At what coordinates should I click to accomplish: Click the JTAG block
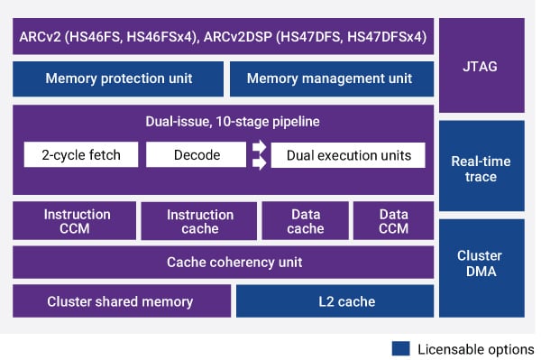click(481, 65)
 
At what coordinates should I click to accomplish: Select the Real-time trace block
click(481, 168)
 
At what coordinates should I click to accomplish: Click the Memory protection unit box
click(118, 78)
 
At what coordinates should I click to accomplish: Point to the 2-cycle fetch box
click(81, 155)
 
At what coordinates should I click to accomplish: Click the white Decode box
click(196, 155)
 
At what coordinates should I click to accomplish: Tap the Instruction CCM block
click(77, 221)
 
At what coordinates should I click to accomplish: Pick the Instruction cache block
click(199, 221)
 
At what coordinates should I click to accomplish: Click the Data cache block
click(306, 221)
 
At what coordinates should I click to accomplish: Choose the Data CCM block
click(393, 221)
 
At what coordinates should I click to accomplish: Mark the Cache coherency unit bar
click(222, 263)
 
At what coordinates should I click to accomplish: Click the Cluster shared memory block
click(120, 301)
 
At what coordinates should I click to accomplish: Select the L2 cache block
click(333, 301)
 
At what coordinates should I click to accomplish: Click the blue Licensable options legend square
click(402, 348)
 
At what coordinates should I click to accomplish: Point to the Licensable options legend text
click(477, 348)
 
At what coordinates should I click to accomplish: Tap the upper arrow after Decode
click(258, 146)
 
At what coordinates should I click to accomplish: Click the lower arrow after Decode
click(258, 163)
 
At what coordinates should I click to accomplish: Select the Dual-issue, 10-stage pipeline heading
click(222, 121)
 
